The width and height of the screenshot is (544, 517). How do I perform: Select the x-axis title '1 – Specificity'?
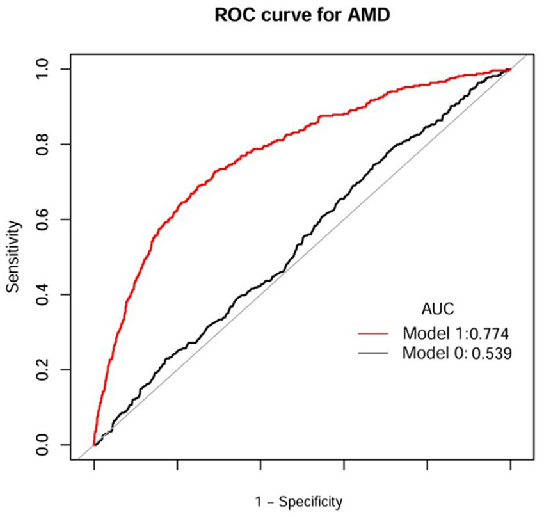pyautogui.click(x=300, y=501)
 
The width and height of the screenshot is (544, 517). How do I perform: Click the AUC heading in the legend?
pyautogui.click(x=438, y=310)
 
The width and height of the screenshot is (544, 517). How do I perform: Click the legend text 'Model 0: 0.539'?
pyautogui.click(x=457, y=353)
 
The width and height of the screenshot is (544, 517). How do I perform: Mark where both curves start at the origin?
pyautogui.click(x=95, y=445)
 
